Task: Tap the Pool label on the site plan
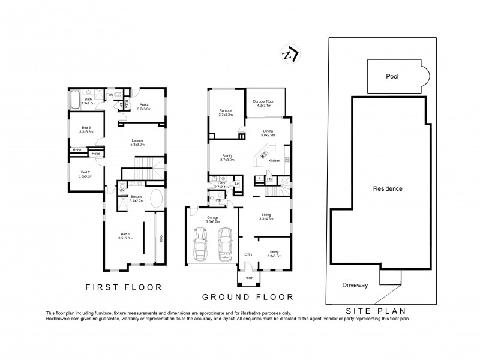(392, 77)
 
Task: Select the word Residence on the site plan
(387, 188)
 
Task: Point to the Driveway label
(354, 285)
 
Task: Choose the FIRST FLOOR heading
(123, 287)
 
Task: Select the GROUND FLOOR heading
(247, 296)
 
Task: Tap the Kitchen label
(274, 161)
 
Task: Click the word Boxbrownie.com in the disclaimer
(64, 319)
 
